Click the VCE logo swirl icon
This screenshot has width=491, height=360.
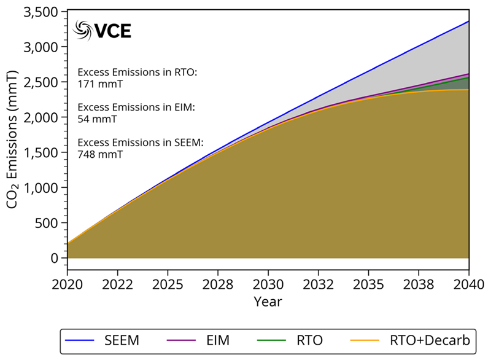[82, 29]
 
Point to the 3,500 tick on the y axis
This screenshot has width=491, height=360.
[42, 12]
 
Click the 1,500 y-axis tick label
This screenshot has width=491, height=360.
[42, 153]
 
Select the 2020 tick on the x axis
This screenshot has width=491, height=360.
[68, 284]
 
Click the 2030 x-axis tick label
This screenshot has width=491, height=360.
[268, 284]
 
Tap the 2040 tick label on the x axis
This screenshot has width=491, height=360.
[469, 284]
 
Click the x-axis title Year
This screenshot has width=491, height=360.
[268, 302]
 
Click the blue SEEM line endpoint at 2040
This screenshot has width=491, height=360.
[468, 22]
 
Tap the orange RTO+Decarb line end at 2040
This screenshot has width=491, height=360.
[468, 90]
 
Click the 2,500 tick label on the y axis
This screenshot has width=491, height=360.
[42, 82]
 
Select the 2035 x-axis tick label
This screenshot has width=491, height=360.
[368, 284]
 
